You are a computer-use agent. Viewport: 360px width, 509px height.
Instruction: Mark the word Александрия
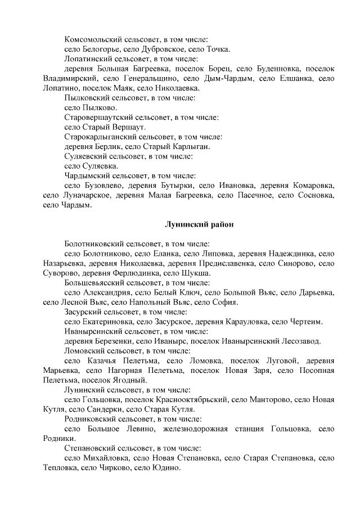(107, 292)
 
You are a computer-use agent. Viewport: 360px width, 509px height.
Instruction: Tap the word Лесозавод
(299, 341)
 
